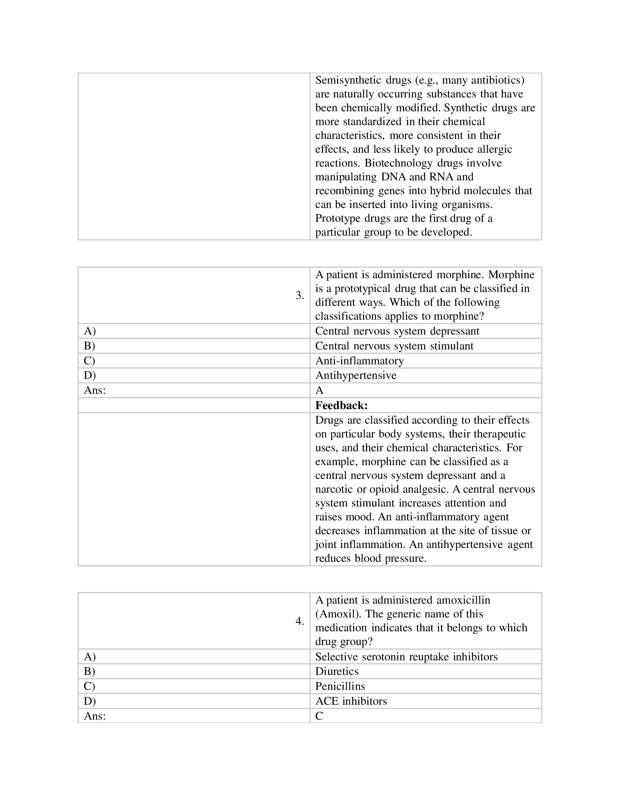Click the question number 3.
tap(300, 295)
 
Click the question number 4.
tap(300, 621)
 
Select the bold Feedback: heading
tap(341, 405)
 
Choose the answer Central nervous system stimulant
tap(394, 346)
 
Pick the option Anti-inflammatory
tap(359, 361)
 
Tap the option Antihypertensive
tap(356, 376)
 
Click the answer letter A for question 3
tap(319, 391)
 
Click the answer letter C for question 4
tap(319, 716)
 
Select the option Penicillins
tap(340, 686)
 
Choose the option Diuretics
tap(337, 671)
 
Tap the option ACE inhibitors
tap(351, 701)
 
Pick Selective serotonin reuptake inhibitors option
tap(406, 656)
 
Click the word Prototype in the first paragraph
tap(338, 218)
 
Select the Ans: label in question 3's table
tap(95, 391)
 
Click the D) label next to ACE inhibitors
tap(90, 701)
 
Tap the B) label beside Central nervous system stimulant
tap(89, 346)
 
